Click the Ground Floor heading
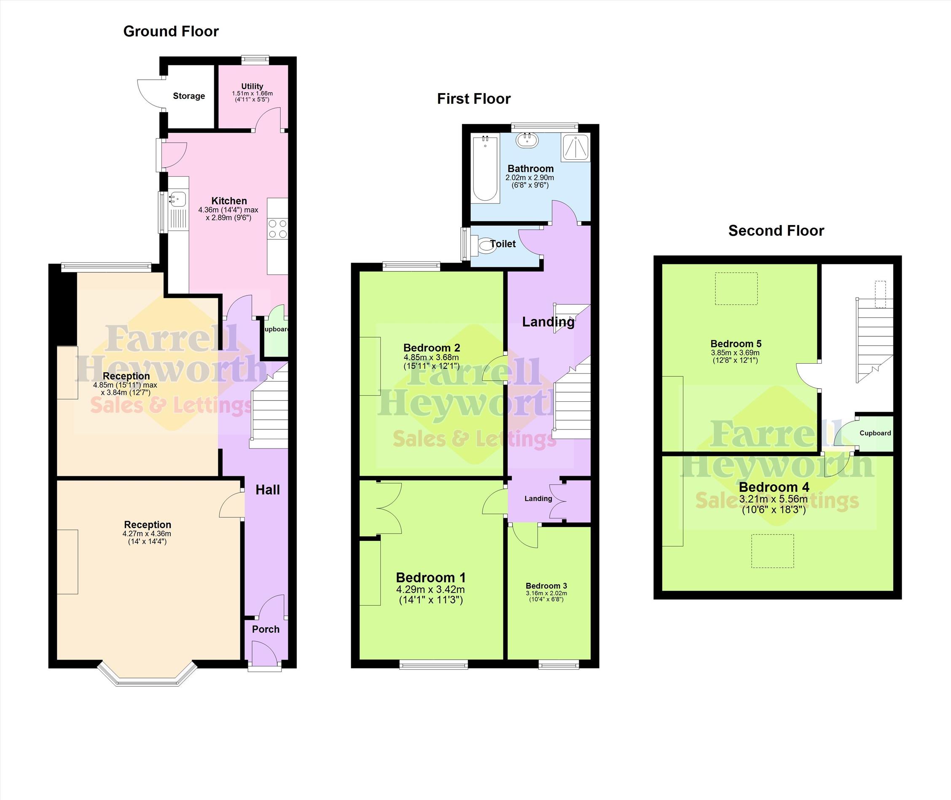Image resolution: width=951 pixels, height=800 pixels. pos(171,31)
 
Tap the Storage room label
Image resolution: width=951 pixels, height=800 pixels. pos(189,96)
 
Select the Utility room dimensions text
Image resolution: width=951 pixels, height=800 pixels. pos(252,97)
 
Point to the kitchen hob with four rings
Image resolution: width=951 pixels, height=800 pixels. pos(277,228)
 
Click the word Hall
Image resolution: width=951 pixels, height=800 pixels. pos(268,490)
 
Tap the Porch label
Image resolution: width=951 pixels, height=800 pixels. pos(266,629)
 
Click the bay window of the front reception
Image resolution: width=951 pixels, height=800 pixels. pos(148,675)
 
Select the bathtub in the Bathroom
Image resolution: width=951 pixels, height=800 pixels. pos(485,168)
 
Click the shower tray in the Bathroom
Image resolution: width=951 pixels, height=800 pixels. pos(575,148)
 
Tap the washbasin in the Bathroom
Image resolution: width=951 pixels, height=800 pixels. pos(527,140)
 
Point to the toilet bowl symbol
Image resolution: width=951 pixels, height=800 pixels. pos(484,245)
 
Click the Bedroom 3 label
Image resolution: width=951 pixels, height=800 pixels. pos(546,585)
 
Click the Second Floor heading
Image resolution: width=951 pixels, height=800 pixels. pos(776,231)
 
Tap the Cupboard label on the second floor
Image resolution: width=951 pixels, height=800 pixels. pos(875,433)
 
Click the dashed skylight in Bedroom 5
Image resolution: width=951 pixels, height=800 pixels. pos(736,288)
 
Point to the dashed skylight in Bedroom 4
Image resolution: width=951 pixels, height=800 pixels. pos(773,551)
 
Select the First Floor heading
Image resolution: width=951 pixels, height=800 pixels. pos(474,99)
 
